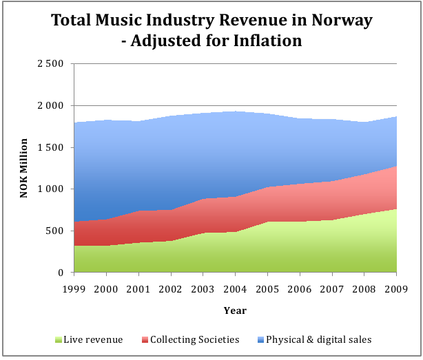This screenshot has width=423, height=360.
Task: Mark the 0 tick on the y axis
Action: point(61,273)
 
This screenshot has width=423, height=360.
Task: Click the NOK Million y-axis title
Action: point(24,169)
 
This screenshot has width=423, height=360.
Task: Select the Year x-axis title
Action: point(235,310)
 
